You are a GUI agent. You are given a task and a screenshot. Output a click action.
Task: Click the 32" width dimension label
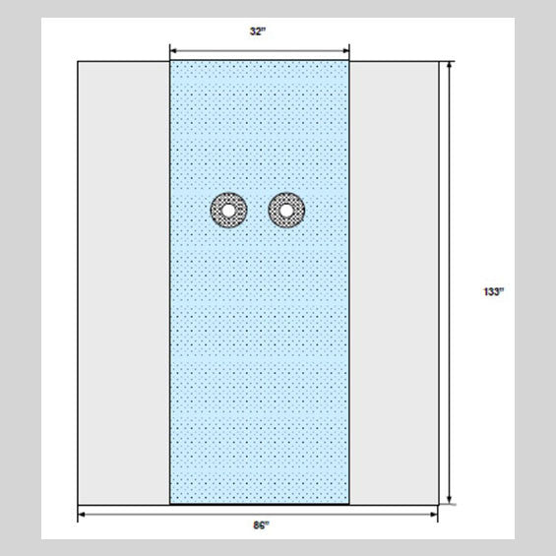(258, 31)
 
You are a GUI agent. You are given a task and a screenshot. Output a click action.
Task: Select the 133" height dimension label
(494, 291)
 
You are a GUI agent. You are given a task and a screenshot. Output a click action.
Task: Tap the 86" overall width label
(262, 525)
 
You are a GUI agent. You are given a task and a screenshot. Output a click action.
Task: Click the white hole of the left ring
(228, 211)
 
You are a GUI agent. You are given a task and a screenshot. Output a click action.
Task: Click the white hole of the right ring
(286, 211)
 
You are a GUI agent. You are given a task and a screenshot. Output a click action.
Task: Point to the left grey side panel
(124, 282)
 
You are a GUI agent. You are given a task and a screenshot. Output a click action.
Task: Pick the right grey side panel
(394, 282)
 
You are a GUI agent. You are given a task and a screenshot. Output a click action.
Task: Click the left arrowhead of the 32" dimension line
(173, 51)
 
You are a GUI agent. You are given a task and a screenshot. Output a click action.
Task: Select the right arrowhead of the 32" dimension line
(345, 51)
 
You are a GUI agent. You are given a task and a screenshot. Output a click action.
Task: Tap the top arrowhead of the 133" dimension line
(450, 65)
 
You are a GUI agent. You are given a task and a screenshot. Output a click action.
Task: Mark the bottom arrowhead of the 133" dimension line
(450, 500)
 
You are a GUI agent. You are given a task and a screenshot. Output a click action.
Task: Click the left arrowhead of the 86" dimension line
(82, 515)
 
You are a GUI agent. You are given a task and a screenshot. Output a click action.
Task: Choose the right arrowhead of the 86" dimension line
(434, 515)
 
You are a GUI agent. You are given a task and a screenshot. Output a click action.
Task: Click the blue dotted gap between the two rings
(258, 211)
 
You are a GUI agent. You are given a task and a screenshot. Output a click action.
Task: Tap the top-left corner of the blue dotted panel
(170, 61)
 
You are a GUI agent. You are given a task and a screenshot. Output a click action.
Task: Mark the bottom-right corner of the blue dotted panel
(349, 504)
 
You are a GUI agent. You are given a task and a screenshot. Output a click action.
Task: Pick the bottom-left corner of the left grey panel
(78, 505)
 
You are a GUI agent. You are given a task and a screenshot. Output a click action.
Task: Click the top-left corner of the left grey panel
(78, 61)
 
